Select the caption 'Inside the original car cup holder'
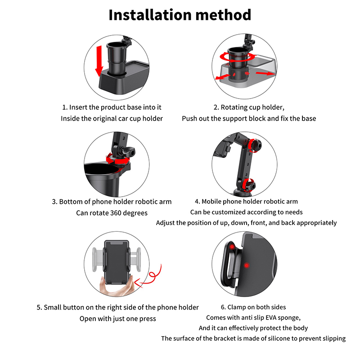pyautogui.click(x=112, y=118)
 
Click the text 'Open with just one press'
pyautogui.click(x=117, y=319)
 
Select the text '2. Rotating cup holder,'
pyautogui.click(x=249, y=107)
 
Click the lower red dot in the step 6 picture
pyautogui.click(x=247, y=266)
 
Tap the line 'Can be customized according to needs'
pyautogui.click(x=246, y=212)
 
